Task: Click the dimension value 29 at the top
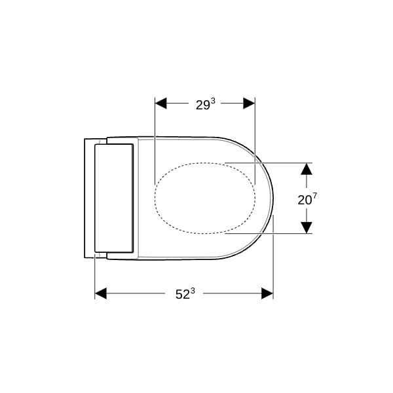(x=202, y=105)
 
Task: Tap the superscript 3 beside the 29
(x=213, y=102)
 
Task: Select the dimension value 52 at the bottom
(x=183, y=295)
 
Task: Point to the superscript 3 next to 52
(x=193, y=291)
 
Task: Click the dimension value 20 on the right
(x=305, y=200)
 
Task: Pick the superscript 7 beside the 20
(x=315, y=196)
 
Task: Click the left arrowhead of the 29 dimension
(x=161, y=103)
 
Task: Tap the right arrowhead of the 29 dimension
(x=249, y=103)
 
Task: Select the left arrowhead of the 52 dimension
(x=101, y=293)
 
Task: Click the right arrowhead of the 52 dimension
(x=267, y=293)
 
